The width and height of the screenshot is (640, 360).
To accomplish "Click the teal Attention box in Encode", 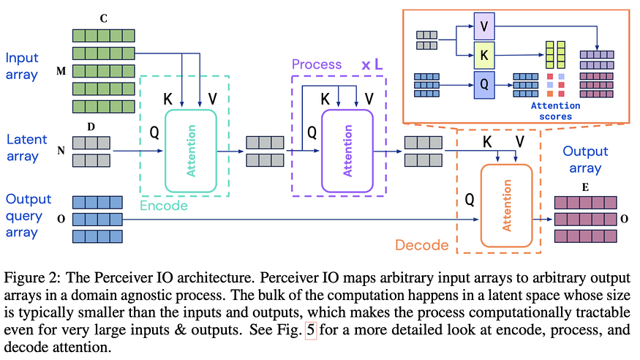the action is click(191, 151).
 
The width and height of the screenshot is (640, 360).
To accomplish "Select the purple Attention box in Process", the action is click(347, 151).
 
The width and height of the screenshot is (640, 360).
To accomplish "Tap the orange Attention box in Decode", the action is click(507, 206).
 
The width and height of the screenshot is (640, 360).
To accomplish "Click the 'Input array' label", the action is click(22, 66).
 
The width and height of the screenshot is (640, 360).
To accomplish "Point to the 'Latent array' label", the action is click(26, 148).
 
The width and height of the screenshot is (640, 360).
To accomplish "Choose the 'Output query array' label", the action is click(29, 216).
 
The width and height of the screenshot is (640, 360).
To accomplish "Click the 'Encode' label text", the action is click(164, 206).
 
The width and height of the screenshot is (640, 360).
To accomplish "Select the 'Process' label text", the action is click(317, 64).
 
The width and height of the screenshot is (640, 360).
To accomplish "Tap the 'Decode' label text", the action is click(421, 245).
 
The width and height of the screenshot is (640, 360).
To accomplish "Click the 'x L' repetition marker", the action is click(372, 64).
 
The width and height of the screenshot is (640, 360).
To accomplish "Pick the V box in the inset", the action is click(484, 26).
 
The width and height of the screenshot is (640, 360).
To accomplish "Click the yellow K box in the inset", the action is click(484, 55).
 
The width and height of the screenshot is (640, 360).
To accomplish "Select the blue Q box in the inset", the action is click(484, 84).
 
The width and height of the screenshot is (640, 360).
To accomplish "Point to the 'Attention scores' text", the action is click(555, 111).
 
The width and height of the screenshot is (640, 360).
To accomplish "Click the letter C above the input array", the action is click(104, 19).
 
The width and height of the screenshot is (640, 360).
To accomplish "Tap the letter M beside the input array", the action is click(61, 71).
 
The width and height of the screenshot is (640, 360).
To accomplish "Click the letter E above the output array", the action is click(585, 187).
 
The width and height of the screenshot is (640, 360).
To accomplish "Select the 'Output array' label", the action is click(585, 160).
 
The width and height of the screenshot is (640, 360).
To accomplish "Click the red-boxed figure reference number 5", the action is click(311, 330).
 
